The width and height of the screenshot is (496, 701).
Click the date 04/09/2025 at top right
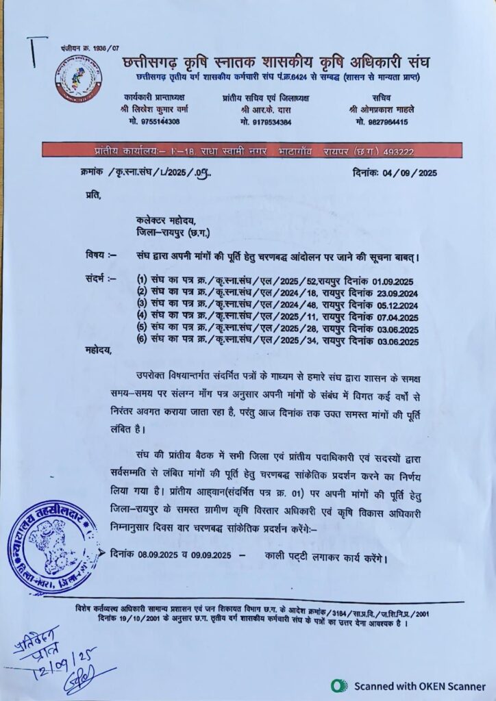[409, 173]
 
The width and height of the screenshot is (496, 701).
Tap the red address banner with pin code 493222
[247, 151]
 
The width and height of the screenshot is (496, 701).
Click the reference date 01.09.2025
[394, 281]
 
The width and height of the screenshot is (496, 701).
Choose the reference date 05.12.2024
[395, 305]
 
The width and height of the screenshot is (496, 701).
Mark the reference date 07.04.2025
[395, 317]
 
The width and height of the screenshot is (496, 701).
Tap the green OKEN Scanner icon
[339, 685]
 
